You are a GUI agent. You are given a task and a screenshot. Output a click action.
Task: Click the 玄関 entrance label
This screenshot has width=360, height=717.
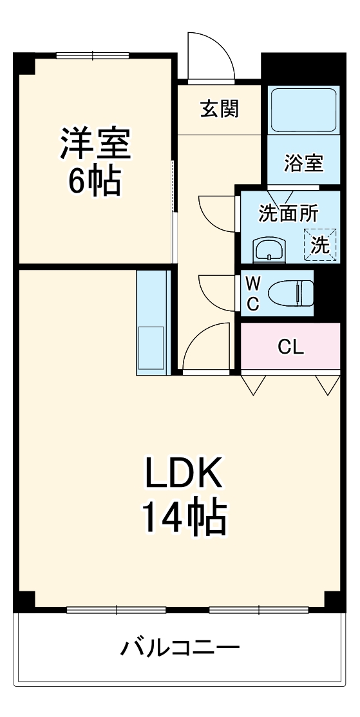[219, 109]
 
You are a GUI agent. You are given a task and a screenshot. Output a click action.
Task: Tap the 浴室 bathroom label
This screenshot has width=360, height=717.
[303, 163]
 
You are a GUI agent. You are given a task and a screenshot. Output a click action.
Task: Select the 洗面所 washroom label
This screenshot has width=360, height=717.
[288, 213]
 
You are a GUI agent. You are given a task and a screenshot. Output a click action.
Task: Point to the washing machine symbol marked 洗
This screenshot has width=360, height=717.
[320, 245]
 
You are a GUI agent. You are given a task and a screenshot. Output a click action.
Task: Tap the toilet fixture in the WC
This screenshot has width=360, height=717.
[290, 293]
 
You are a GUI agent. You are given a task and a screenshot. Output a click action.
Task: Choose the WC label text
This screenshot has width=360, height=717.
[252, 293]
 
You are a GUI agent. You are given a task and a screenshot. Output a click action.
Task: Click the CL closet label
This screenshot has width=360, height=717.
[290, 347]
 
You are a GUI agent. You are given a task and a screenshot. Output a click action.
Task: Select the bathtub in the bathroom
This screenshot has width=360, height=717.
[303, 110]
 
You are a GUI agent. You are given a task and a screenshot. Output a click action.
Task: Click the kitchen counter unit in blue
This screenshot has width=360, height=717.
[152, 322]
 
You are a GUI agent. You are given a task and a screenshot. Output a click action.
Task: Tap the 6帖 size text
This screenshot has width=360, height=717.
[95, 183]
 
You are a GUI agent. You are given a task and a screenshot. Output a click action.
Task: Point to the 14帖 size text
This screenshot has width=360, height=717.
[184, 517]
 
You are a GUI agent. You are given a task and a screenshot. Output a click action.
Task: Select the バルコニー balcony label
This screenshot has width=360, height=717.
[180, 647]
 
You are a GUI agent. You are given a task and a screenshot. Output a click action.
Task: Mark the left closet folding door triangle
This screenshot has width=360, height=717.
[252, 385]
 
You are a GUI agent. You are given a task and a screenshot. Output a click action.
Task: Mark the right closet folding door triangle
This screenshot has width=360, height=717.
[327, 385]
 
